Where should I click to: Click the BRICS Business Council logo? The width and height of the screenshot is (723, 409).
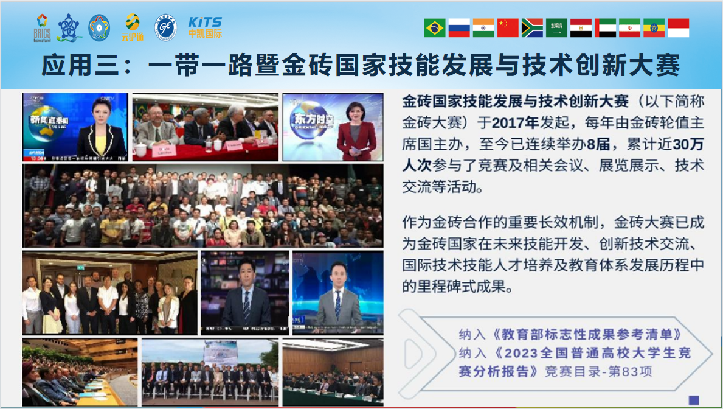42,28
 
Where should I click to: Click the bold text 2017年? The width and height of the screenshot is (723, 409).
515,122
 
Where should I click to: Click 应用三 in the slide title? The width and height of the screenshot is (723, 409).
74,66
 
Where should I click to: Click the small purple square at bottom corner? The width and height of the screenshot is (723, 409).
693,400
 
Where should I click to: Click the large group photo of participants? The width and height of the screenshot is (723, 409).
203,205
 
